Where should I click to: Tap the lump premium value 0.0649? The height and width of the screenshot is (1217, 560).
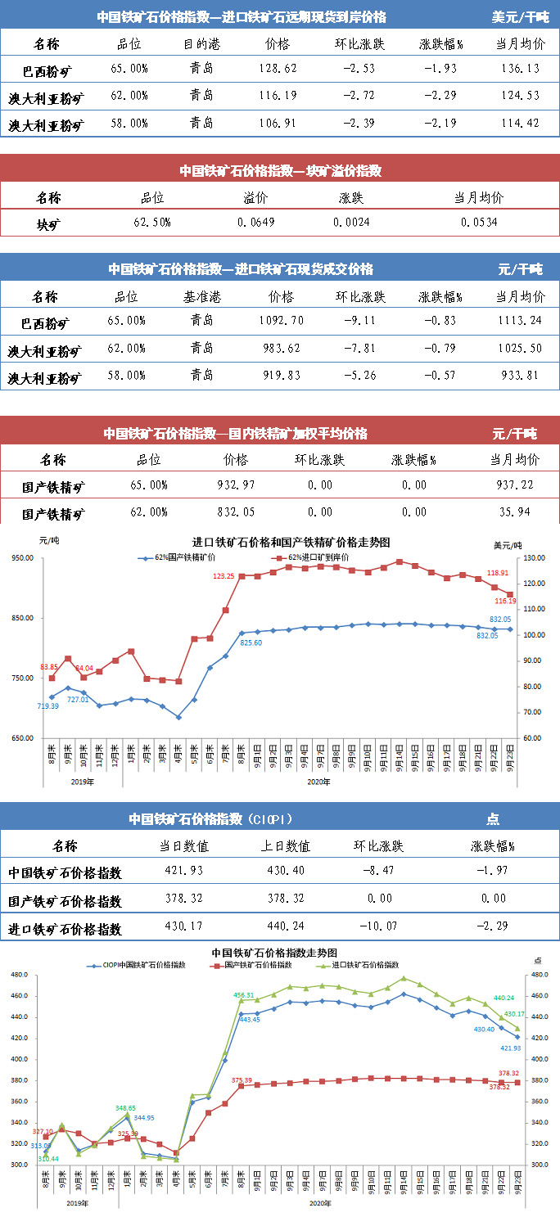tap(256, 223)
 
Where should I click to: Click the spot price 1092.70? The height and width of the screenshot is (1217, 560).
tap(281, 321)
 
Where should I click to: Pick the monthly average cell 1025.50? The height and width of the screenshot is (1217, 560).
tap(519, 349)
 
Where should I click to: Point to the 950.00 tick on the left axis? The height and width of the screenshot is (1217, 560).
tap(21, 558)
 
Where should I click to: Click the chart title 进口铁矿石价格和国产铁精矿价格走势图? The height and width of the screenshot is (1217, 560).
tap(291, 542)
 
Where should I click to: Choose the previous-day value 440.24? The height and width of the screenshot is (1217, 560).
tap(286, 929)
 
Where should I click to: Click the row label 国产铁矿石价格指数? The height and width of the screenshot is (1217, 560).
tap(65, 901)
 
